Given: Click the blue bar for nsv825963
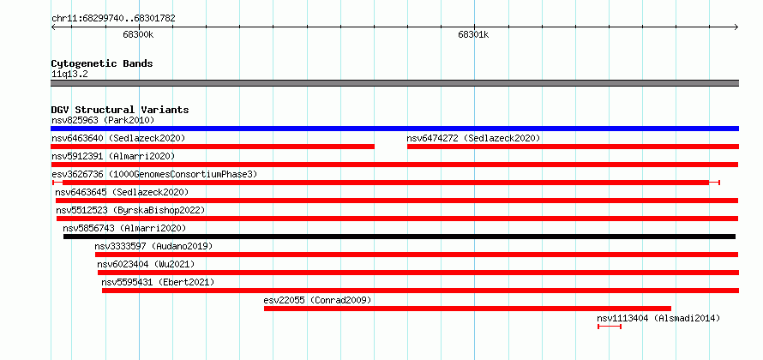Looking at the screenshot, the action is (394, 129).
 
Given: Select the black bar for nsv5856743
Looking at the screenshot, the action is (399, 237).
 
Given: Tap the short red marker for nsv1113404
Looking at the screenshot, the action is (610, 327).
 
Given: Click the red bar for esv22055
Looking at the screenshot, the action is (467, 309).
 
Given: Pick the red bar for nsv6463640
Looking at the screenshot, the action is (213, 147).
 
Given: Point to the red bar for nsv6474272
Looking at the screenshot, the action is (573, 147).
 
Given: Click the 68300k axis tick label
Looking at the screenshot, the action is (138, 34).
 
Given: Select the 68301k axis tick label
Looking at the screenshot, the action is (473, 34).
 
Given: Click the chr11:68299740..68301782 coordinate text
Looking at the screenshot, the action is (113, 19).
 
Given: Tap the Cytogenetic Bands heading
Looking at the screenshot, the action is (102, 63).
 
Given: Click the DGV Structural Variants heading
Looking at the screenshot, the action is (120, 110).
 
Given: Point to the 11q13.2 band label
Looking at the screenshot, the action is (69, 75).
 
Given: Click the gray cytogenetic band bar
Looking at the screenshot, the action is (394, 83).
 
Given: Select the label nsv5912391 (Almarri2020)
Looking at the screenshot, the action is (113, 156).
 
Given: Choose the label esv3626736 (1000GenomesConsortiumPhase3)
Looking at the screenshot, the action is (154, 174).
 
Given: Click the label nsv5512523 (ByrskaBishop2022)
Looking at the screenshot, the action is (130, 210).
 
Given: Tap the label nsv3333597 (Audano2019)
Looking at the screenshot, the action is (153, 246).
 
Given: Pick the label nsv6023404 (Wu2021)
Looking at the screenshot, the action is (146, 264).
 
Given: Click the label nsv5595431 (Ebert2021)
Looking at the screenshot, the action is (158, 282).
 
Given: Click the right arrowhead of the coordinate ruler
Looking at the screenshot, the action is (736, 27).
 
